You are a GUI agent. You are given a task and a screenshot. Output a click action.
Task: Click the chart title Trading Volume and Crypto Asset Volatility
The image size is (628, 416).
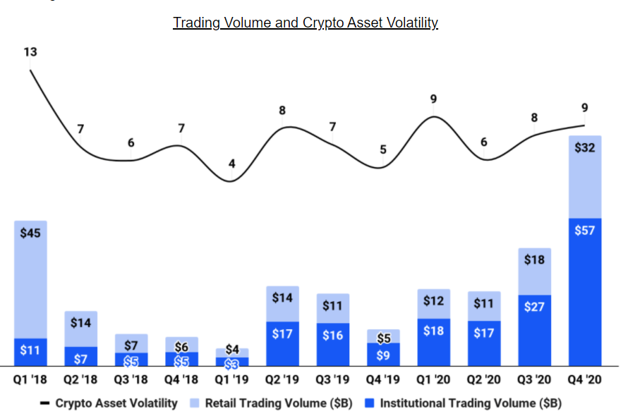pyautogui.click(x=306, y=23)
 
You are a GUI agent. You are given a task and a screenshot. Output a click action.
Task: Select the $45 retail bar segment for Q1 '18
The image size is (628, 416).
pyautogui.click(x=30, y=279)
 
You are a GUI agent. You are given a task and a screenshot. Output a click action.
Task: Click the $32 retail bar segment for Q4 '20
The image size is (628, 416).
pyautogui.click(x=584, y=176)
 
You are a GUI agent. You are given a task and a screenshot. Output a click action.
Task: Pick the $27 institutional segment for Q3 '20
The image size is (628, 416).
pyautogui.click(x=534, y=329)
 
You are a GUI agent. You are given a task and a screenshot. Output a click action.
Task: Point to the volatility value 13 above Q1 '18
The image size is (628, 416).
pyautogui.click(x=30, y=52)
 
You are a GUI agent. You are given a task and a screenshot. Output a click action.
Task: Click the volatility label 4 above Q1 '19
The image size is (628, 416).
pyautogui.click(x=231, y=164)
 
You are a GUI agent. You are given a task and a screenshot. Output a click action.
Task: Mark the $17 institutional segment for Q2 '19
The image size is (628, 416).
pyautogui.click(x=282, y=343)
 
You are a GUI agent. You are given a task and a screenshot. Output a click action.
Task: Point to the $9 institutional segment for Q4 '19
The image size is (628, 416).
pyautogui.click(x=383, y=354)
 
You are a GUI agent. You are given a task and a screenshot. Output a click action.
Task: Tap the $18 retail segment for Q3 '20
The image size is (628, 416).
pyautogui.click(x=534, y=271)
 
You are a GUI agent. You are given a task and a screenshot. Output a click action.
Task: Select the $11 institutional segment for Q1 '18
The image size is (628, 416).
pyautogui.click(x=30, y=352)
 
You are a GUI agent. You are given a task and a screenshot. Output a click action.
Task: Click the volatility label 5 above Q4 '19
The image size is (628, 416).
pyautogui.click(x=383, y=149)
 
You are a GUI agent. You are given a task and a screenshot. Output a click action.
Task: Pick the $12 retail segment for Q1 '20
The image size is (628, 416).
pyautogui.click(x=433, y=303)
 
